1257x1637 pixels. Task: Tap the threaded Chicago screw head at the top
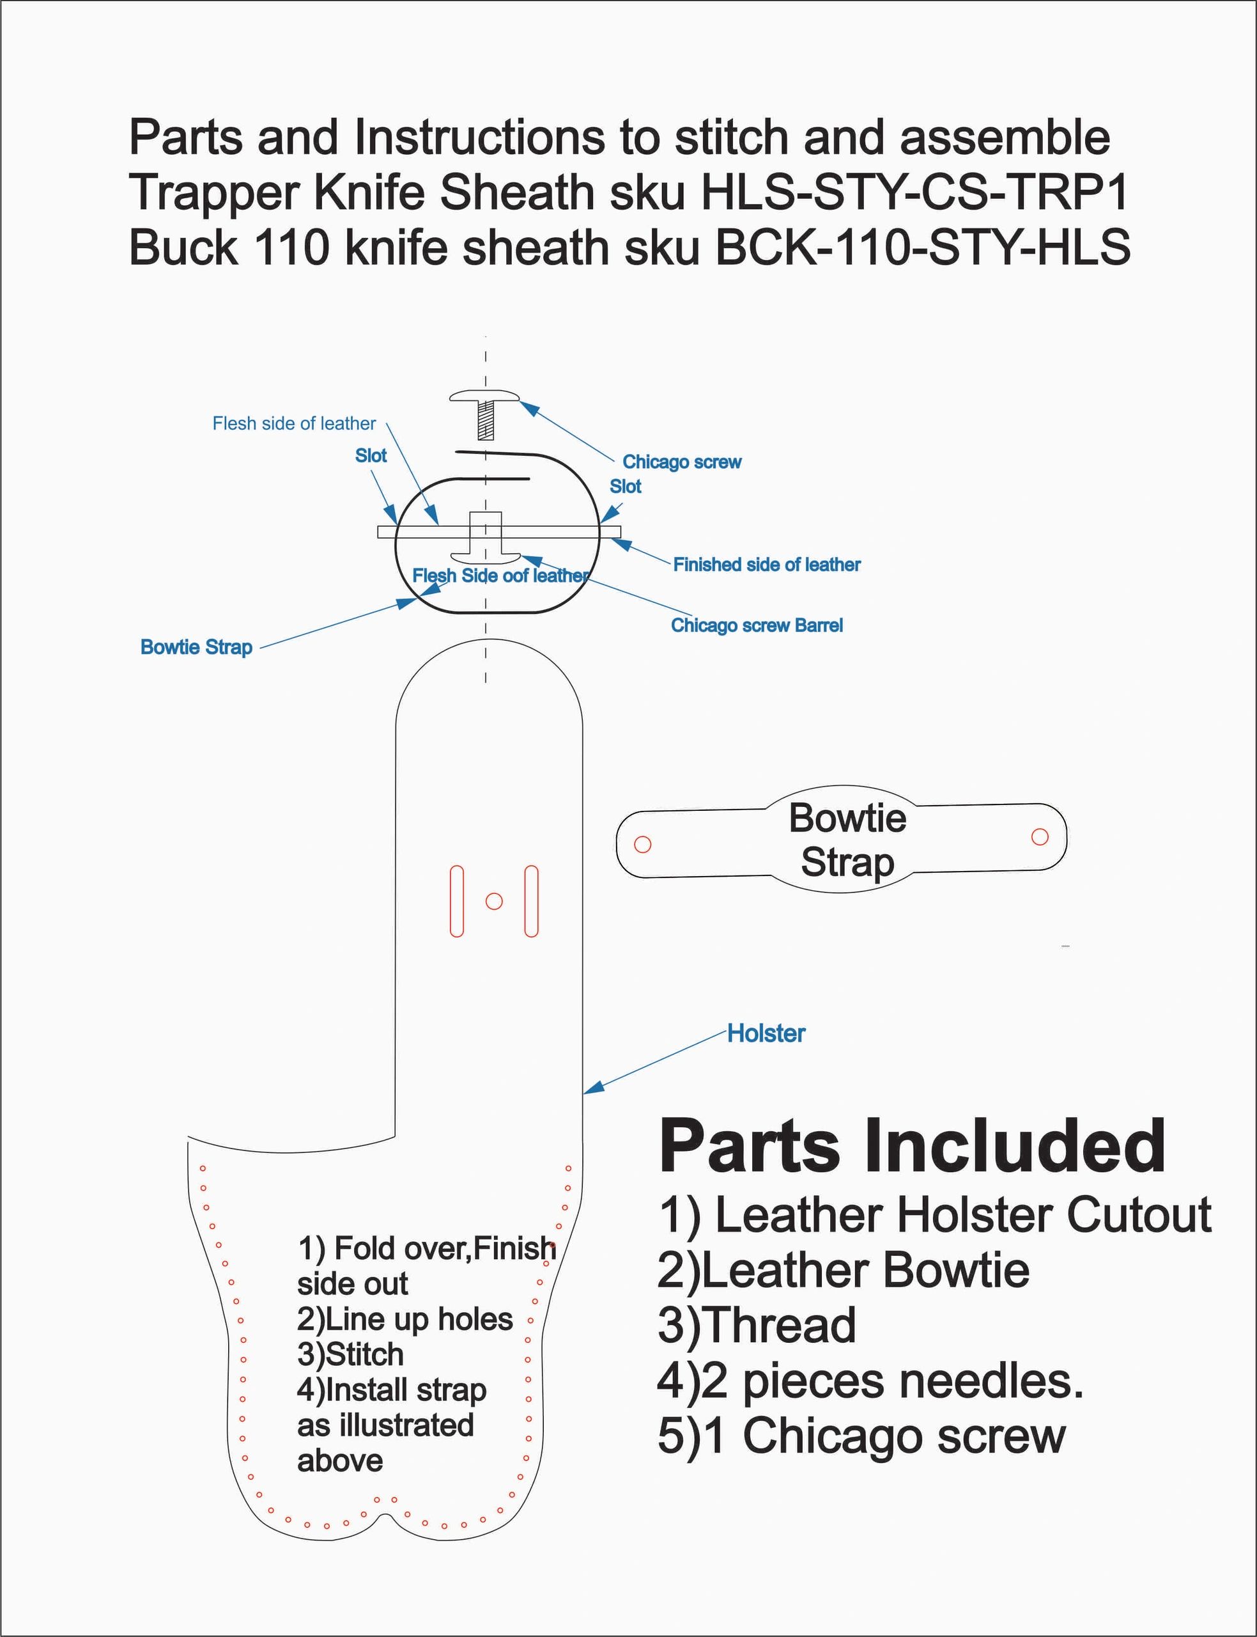[485, 396]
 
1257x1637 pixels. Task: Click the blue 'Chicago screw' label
[682, 462]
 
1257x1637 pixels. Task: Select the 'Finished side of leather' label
[766, 565]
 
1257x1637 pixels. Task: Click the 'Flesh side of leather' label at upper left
[294, 424]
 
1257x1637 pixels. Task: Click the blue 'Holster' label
[766, 1034]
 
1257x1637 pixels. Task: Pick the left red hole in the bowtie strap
[642, 844]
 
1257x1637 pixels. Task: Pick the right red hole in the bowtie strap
[1039, 837]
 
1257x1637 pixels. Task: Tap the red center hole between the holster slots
[494, 901]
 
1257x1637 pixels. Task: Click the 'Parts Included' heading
[912, 1147]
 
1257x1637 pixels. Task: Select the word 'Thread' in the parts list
[757, 1325]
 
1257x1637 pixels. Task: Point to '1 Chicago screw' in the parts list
[862, 1436]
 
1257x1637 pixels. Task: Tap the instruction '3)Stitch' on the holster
[350, 1354]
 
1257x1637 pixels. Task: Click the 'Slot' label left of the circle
[371, 456]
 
